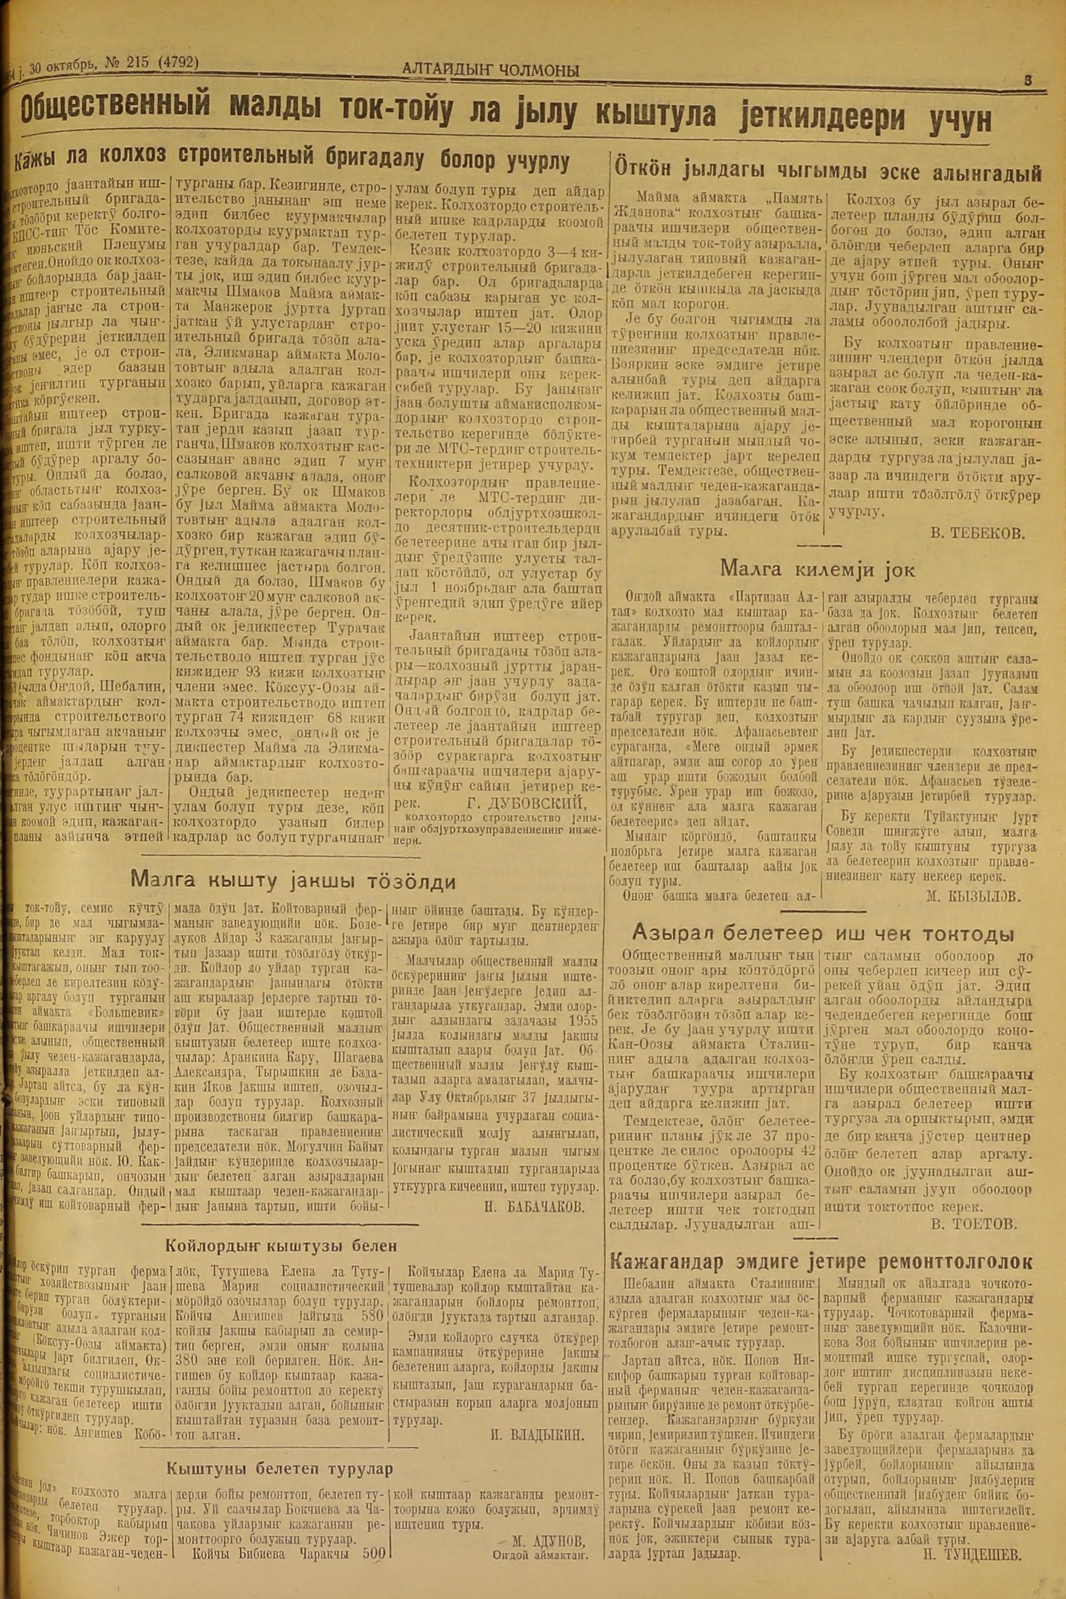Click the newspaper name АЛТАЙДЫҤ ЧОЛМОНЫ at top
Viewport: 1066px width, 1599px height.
[x=490, y=69]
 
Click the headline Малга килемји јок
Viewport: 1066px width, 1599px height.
[x=817, y=568]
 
